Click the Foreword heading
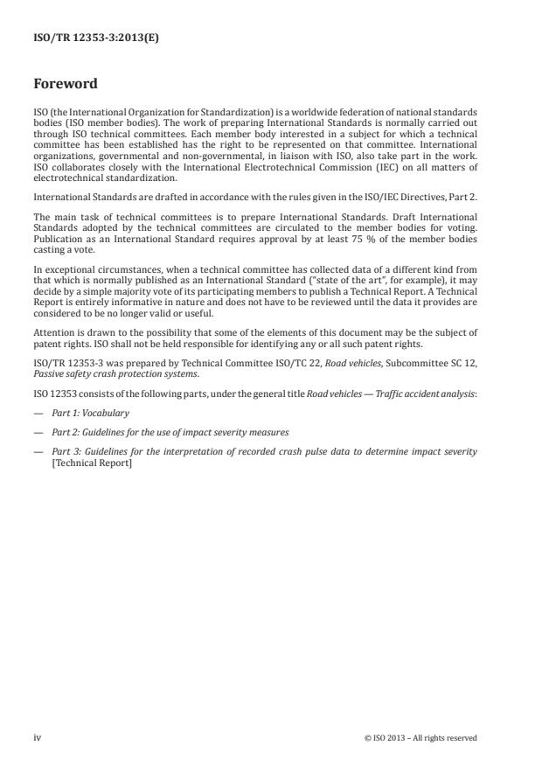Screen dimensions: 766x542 [x=65, y=85]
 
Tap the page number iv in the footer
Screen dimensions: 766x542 [x=38, y=737]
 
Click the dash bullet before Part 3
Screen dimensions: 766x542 [x=38, y=451]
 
